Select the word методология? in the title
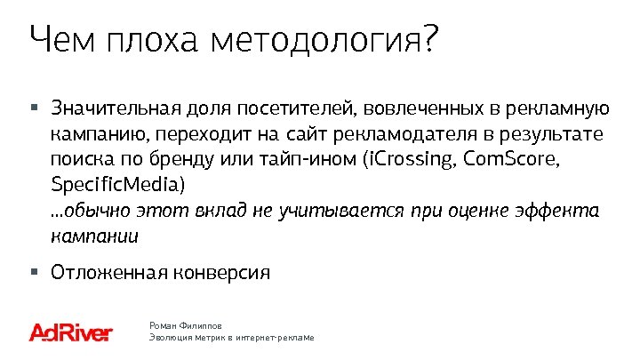(325, 41)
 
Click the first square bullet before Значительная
(34, 108)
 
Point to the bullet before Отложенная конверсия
(34, 271)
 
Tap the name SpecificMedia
(116, 186)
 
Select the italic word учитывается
(343, 212)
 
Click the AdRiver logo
(70, 332)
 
